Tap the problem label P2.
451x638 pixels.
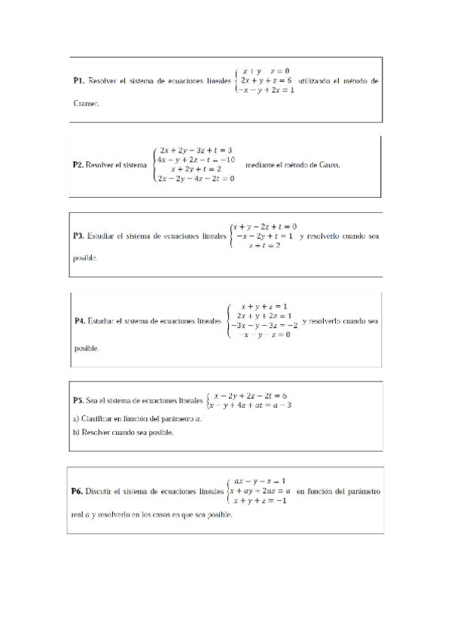(x=78, y=164)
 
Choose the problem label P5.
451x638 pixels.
(x=78, y=401)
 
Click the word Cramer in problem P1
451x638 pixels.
(x=86, y=105)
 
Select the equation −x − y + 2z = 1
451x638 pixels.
(x=266, y=90)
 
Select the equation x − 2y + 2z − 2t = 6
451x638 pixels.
(x=251, y=396)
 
